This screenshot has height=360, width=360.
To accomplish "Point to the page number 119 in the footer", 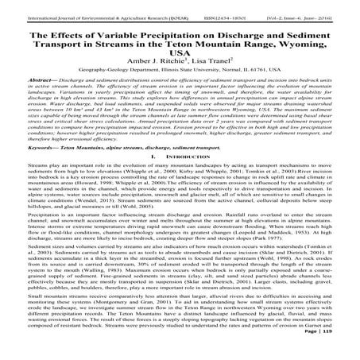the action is pos(349,353).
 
